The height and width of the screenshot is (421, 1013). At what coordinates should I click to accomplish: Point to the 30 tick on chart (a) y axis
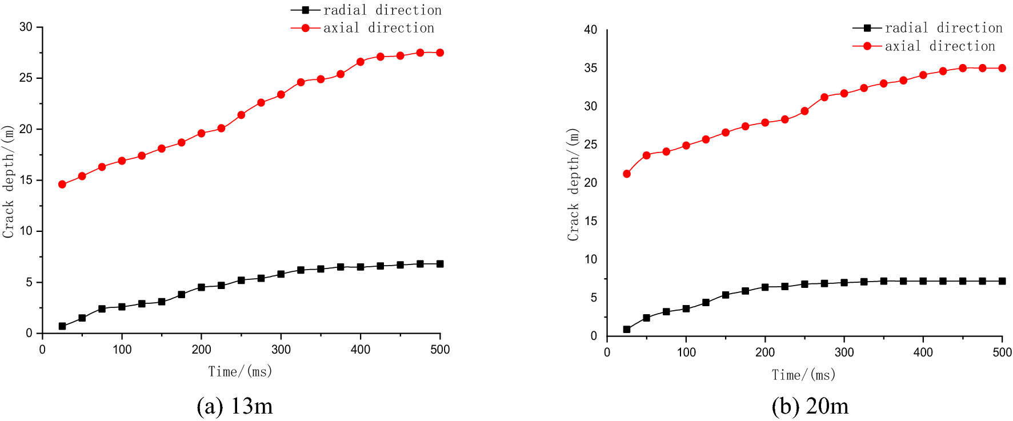pos(26,27)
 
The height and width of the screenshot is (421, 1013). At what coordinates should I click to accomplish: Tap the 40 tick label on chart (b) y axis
pos(591,30)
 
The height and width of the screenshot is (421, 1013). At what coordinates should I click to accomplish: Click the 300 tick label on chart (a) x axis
pos(281,350)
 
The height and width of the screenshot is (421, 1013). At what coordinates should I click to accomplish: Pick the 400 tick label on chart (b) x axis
pos(923,352)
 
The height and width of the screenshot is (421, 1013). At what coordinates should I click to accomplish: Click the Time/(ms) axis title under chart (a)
pos(240,372)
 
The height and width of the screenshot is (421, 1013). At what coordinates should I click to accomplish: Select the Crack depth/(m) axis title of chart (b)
pos(573,184)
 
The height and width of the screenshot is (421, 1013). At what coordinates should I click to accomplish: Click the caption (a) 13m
pos(235,406)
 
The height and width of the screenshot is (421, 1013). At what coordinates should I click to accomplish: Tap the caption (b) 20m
pos(810,406)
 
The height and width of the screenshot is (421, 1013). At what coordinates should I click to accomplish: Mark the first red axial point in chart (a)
pos(62,185)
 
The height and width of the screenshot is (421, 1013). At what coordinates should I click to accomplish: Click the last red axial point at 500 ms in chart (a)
pos(440,53)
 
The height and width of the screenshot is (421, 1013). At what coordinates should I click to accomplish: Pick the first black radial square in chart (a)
pos(62,326)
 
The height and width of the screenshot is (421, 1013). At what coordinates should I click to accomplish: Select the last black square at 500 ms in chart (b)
pos(1002,281)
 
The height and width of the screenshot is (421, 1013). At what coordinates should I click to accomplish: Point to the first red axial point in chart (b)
pos(627,174)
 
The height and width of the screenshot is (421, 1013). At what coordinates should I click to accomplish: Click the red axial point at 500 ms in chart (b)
pos(1002,68)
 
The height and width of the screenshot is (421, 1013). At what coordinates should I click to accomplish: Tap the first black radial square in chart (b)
pos(627,329)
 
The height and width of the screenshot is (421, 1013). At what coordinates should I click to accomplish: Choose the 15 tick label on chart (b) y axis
pos(591,221)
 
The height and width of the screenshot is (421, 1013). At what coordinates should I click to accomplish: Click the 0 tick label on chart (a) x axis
pos(42,350)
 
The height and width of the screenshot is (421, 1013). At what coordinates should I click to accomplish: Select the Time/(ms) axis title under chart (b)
pos(804,375)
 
